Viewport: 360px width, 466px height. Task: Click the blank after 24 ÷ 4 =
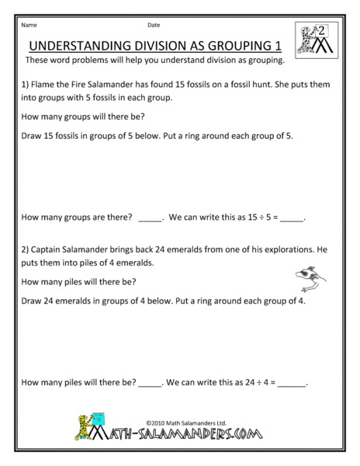pos(292,383)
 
